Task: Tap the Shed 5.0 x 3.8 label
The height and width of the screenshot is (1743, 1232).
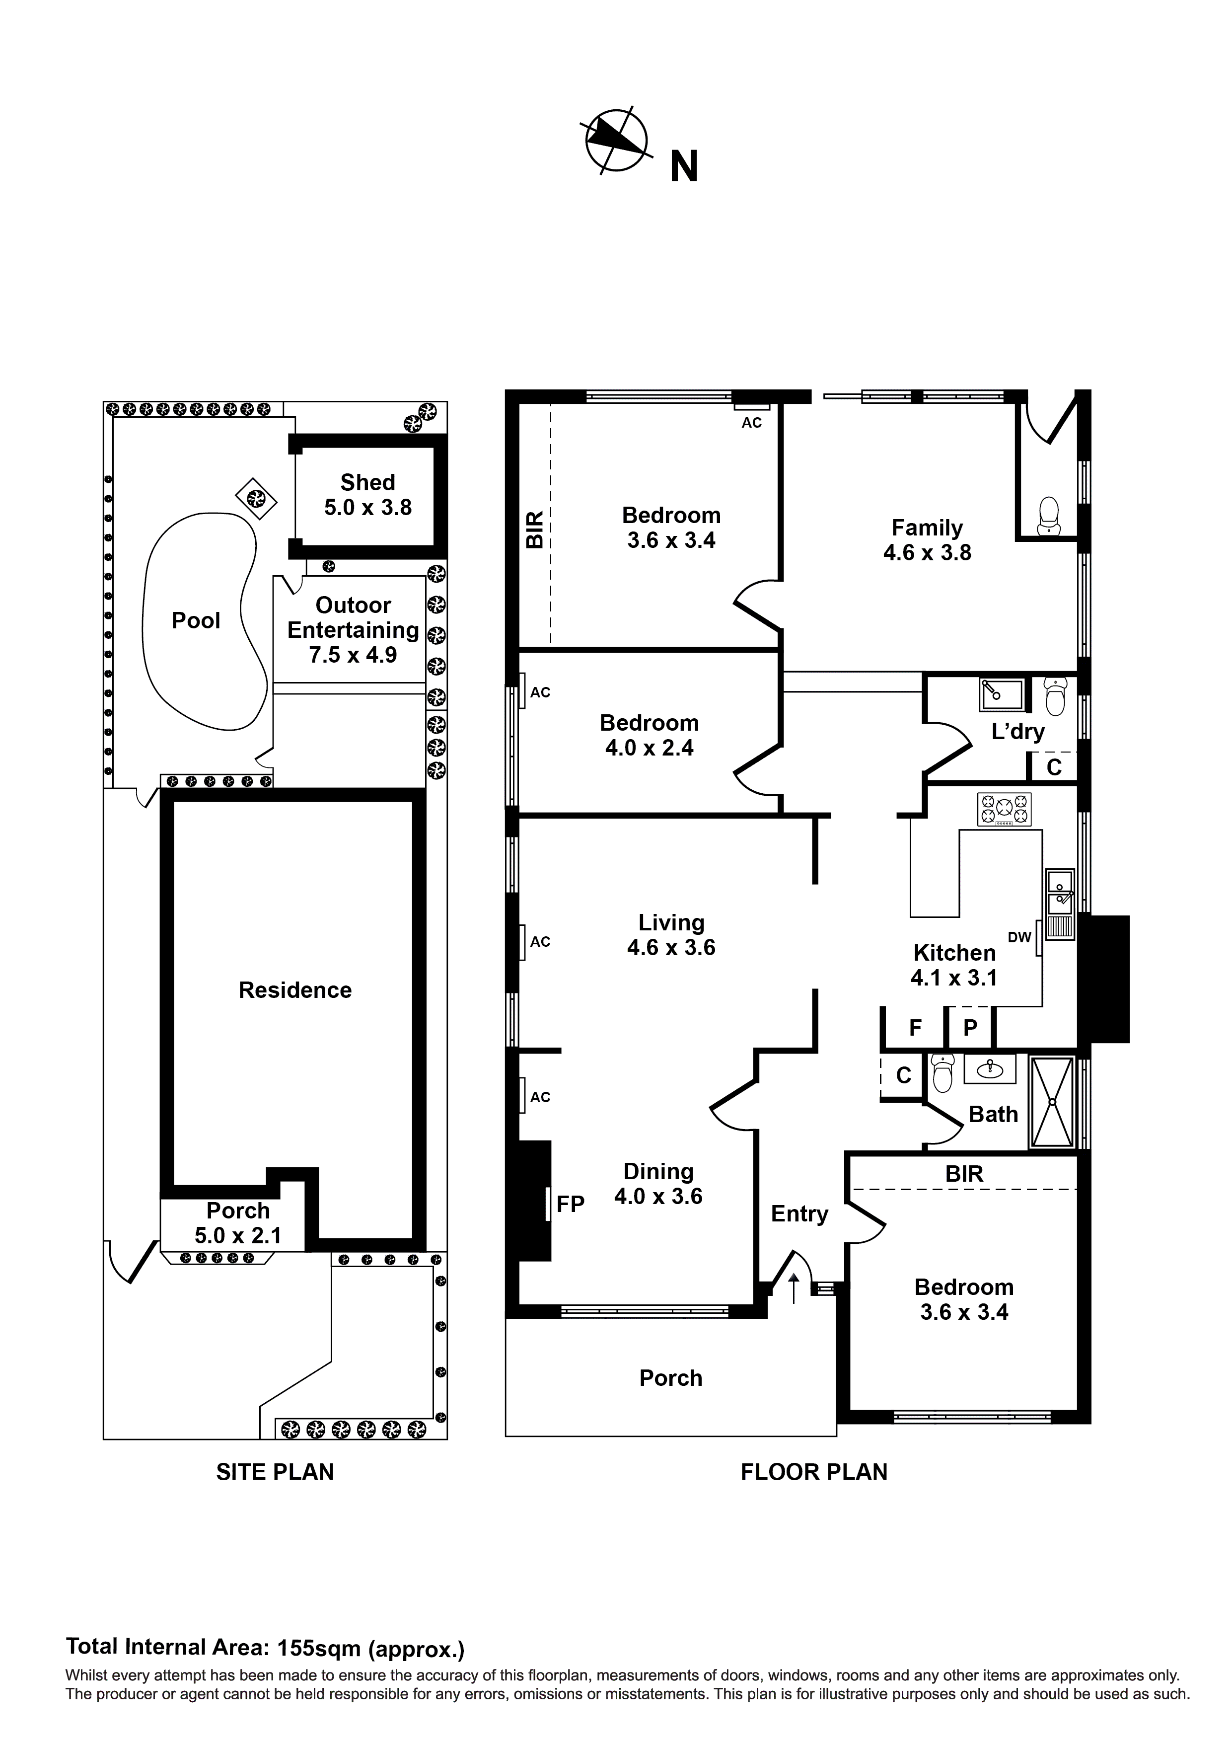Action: (x=367, y=495)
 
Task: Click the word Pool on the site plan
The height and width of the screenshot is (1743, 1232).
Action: (x=195, y=621)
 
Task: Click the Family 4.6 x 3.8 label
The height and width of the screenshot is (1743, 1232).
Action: (x=926, y=540)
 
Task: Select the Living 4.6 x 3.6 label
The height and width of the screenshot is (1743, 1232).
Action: (x=670, y=934)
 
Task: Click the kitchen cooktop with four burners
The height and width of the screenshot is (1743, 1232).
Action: (x=1004, y=809)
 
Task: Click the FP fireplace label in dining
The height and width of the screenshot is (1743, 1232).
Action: (x=570, y=1204)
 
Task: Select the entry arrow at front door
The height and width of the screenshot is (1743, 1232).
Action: (x=794, y=1288)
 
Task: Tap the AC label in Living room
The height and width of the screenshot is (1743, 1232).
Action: (x=540, y=942)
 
